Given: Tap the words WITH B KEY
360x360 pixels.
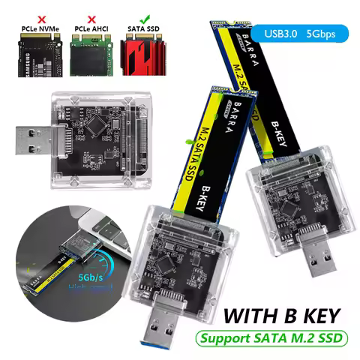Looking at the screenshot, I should [x=281, y=310].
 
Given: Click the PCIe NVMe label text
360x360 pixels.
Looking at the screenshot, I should [x=29, y=27].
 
